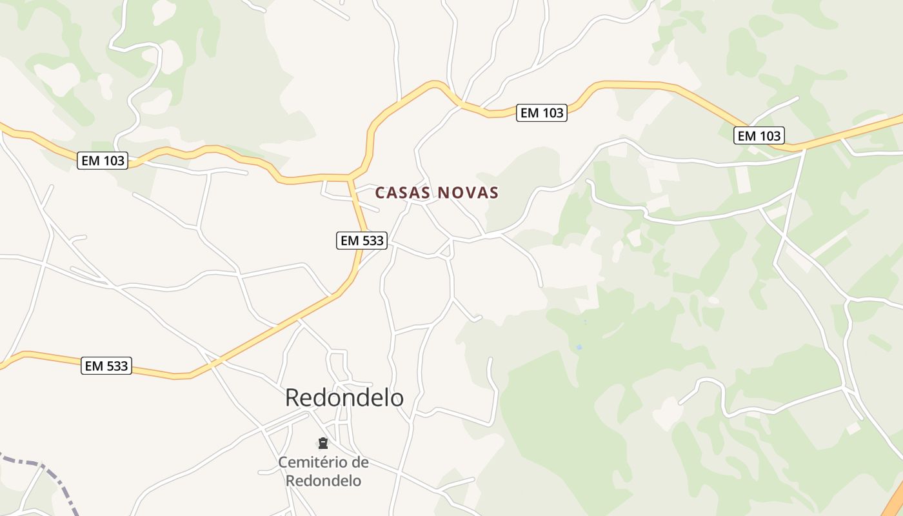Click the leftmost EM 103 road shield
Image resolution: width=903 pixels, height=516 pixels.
click(103, 161)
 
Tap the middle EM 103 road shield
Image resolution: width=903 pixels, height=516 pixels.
click(542, 113)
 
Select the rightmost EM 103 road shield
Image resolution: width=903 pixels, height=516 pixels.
click(759, 135)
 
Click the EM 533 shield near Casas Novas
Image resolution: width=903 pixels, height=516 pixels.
click(362, 241)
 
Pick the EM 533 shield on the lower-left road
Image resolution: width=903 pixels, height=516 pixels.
click(107, 366)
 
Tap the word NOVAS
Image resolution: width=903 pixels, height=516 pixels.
click(468, 193)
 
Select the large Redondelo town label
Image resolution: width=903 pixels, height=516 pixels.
click(344, 398)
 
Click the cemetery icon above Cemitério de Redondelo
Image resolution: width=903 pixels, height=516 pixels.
click(323, 443)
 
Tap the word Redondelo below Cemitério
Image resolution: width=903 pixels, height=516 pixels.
click(323, 481)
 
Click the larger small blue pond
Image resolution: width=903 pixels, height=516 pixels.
click(579, 347)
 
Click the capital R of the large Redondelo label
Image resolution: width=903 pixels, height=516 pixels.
click(292, 398)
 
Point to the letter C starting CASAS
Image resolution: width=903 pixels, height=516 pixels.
click(380, 193)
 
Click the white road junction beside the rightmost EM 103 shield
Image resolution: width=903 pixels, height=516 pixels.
click(804, 150)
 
